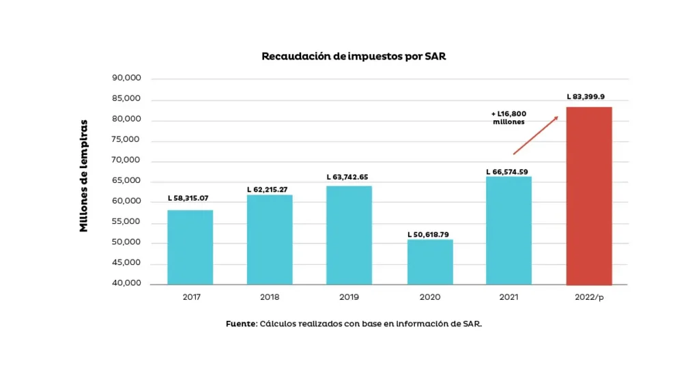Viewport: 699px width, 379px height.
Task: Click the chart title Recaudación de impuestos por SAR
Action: point(354,56)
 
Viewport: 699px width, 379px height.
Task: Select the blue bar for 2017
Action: point(190,247)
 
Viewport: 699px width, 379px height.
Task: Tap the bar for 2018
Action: point(270,240)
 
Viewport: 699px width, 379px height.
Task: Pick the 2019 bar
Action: point(349,235)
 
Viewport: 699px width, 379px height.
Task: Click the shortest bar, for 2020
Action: point(430,262)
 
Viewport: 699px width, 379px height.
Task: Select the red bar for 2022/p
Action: point(589,195)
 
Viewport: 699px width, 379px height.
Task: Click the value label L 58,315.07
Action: point(188,198)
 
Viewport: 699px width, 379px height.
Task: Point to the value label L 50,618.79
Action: point(428,234)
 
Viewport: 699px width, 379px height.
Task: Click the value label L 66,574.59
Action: point(507,171)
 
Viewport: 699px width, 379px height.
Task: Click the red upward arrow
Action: point(536,135)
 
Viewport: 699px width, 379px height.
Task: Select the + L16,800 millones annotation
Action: point(509,117)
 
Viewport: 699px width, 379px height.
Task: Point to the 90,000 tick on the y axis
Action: point(126,78)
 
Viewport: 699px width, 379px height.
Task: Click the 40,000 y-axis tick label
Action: point(126,283)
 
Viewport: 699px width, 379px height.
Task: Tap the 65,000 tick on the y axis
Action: point(126,180)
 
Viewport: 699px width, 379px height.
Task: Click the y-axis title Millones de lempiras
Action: point(84,176)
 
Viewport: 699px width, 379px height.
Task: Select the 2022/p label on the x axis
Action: point(589,297)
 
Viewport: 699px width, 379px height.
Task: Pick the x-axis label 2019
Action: point(348,297)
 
